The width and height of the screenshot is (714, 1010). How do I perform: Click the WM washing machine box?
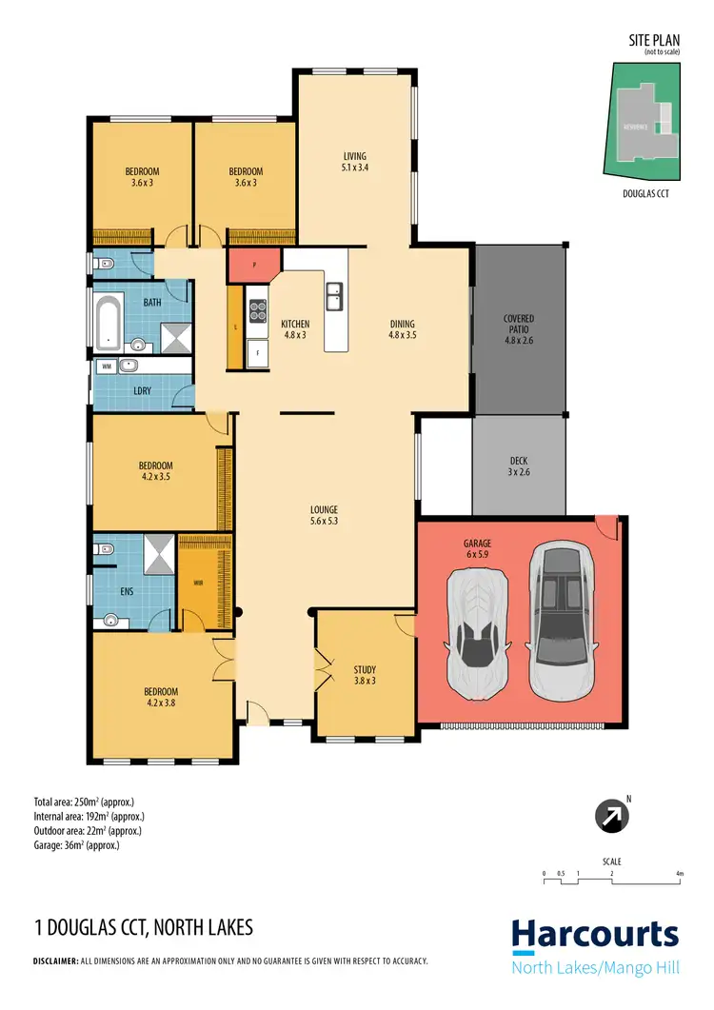[x=106, y=366]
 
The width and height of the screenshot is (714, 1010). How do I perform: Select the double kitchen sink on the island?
[x=334, y=297]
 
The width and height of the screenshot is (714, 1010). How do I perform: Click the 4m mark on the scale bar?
[x=679, y=873]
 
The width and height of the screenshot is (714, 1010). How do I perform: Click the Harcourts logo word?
[x=595, y=936]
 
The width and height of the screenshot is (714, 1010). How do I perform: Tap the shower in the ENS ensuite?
[x=159, y=553]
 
